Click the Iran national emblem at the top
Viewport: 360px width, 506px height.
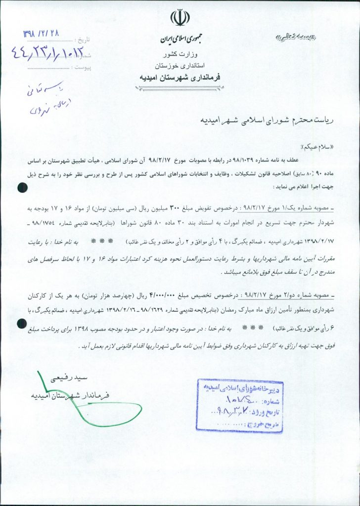[180, 18]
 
